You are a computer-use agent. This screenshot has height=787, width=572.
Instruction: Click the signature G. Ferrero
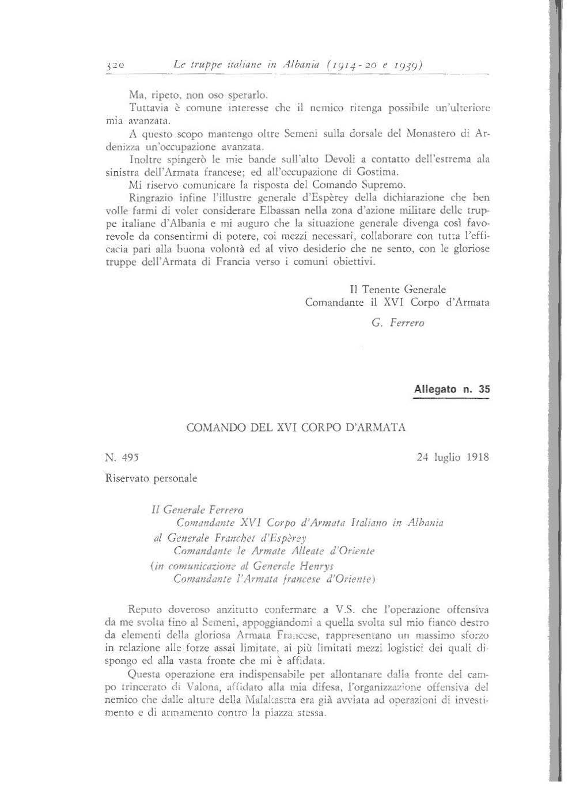point(398,323)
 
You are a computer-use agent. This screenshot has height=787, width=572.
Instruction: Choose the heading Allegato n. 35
point(452,389)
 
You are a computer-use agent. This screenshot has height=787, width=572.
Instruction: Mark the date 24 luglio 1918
point(452,457)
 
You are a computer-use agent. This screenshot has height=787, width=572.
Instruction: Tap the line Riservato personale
point(151,478)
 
